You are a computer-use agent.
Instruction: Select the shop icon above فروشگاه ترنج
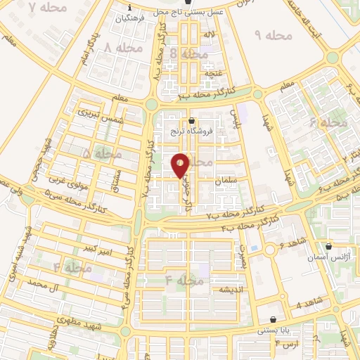coord(192,120)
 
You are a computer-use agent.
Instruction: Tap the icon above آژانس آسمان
coord(328,247)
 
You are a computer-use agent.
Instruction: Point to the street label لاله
coord(209,34)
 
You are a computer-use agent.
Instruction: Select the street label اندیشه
coord(231,289)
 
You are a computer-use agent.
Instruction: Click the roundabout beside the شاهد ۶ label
coord(270,250)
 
